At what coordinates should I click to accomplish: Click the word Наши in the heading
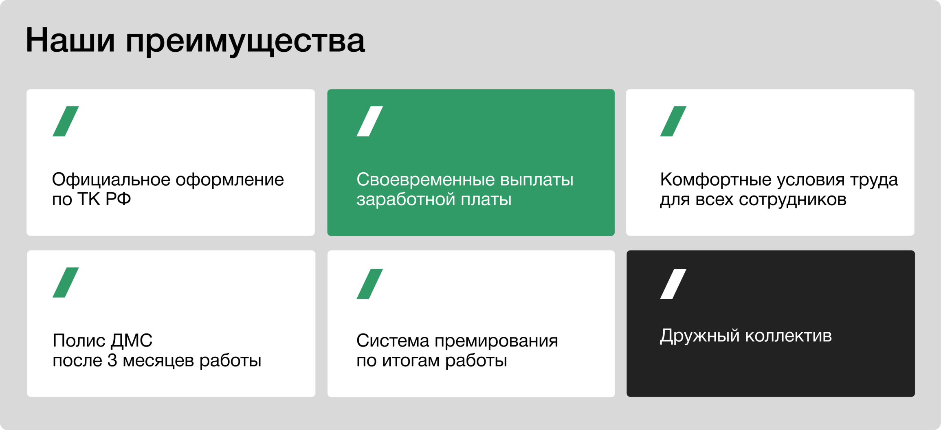(70, 40)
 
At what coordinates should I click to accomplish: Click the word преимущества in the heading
(245, 42)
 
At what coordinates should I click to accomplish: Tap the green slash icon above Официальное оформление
(66, 121)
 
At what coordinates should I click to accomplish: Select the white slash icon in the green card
(370, 121)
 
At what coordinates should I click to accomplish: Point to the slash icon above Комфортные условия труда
(673, 121)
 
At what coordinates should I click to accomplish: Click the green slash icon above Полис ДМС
(66, 283)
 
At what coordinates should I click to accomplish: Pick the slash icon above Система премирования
(370, 284)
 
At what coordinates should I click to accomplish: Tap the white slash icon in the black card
(673, 284)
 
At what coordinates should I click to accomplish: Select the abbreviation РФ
(118, 200)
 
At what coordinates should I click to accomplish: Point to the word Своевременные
(426, 180)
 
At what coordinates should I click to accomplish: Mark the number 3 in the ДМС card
(112, 361)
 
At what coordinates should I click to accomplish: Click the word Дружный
(700, 336)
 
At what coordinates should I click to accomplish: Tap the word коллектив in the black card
(789, 336)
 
